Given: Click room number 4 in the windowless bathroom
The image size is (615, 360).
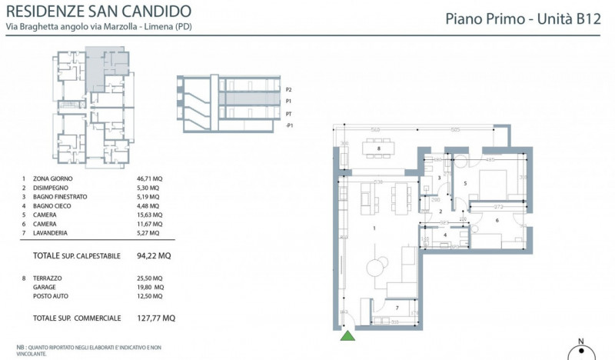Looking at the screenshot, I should [x=446, y=235].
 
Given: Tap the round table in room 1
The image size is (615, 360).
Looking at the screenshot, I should [x=374, y=266].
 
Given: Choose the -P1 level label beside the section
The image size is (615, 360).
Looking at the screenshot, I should [x=289, y=125].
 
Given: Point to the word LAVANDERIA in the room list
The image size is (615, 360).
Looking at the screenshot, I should [x=54, y=235].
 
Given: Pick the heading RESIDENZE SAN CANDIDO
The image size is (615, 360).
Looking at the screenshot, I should [x=99, y=12].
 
